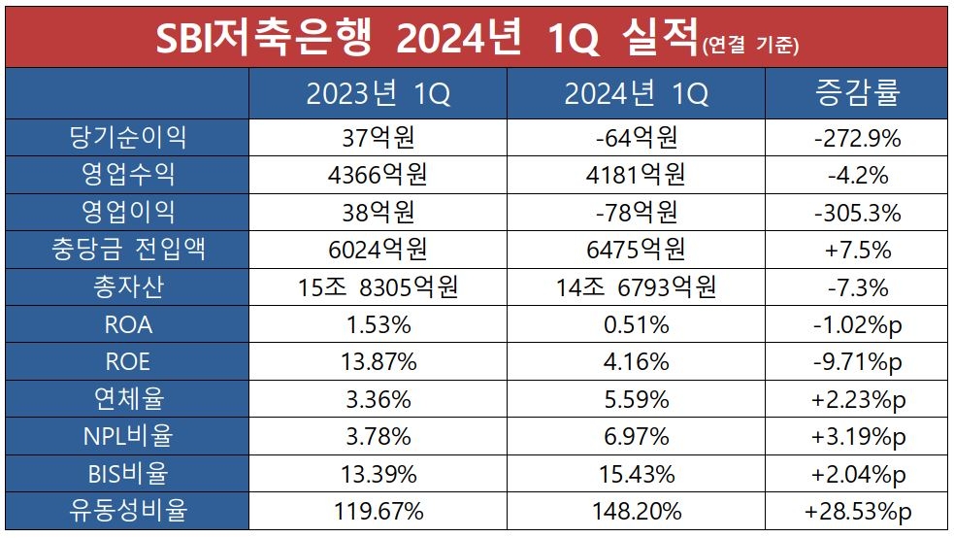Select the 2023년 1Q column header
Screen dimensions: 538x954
378,94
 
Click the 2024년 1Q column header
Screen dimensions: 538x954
637,94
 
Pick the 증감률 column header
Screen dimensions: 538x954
857,93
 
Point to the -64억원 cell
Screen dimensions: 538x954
637,138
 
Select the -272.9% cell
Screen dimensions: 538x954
857,138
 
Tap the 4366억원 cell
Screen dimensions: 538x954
378,176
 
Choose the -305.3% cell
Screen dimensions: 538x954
857,213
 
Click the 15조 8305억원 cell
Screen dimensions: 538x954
378,287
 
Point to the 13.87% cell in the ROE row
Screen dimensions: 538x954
378,362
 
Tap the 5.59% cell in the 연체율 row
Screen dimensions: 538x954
637,399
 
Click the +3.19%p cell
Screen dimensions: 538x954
857,437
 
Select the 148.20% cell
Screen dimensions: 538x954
637,511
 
